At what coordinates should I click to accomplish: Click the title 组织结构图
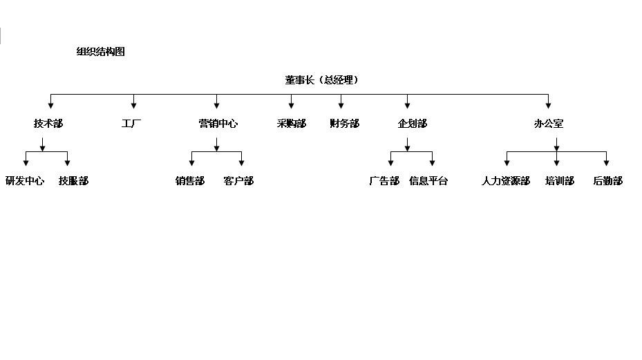(101, 52)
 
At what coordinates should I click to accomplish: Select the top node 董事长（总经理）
(322, 80)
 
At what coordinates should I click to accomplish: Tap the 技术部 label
(48, 123)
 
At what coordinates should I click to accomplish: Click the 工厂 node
(131, 123)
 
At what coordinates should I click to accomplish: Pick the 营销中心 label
(218, 123)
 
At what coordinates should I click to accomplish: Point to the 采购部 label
(292, 123)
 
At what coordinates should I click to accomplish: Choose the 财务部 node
(345, 123)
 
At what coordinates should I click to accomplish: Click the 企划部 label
(413, 123)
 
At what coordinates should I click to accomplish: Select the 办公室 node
(549, 123)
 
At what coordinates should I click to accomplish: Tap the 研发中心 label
(25, 180)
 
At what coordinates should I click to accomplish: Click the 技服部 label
(74, 180)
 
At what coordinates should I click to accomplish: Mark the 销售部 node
(190, 180)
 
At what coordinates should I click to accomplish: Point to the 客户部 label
(238, 180)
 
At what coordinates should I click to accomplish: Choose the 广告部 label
(384, 180)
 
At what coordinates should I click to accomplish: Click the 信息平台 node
(428, 180)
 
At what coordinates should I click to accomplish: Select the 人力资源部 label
(506, 180)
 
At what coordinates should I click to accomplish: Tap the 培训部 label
(560, 180)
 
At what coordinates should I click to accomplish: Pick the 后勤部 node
(608, 180)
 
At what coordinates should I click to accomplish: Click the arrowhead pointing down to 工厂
(133, 106)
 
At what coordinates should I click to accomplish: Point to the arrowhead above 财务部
(341, 106)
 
